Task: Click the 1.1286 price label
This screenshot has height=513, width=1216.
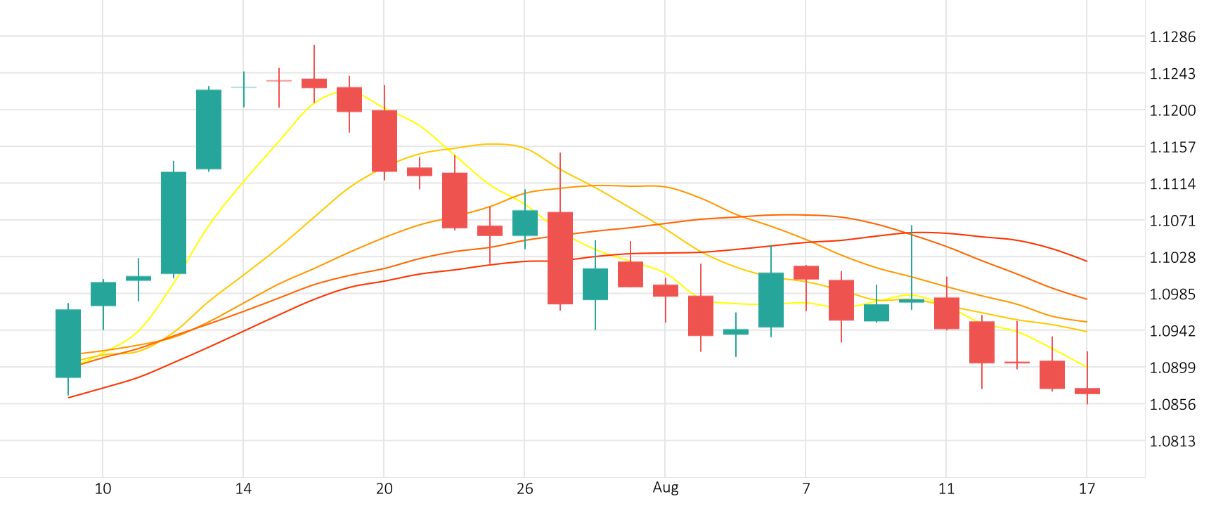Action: point(1172,37)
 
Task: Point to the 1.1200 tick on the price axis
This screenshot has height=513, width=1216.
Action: point(1172,110)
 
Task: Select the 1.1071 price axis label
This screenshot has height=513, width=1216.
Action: point(1172,221)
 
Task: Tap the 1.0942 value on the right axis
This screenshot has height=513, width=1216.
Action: point(1172,331)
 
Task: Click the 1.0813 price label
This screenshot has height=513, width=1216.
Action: point(1172,441)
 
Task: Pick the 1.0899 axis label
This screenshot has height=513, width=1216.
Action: point(1172,368)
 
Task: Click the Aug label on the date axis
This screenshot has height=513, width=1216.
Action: point(666,488)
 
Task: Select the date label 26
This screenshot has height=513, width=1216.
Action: point(524,488)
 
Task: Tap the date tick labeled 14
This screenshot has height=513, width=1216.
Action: point(243,488)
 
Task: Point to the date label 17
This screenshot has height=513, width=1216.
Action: point(1087,488)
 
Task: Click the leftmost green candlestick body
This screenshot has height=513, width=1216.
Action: point(68,344)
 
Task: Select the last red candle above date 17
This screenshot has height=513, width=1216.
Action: point(1087,391)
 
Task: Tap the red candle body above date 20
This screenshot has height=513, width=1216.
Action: point(384,141)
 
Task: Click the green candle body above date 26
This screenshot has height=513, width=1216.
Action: point(525,223)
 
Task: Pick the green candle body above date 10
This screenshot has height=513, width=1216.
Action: point(103,294)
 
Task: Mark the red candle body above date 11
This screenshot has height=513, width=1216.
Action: point(947,313)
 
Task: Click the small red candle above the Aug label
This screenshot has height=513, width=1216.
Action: point(666,290)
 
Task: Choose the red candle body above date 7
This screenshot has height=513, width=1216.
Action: point(806,273)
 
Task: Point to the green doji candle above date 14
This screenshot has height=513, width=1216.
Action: point(244,87)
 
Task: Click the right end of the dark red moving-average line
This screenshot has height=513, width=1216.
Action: point(1087,261)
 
